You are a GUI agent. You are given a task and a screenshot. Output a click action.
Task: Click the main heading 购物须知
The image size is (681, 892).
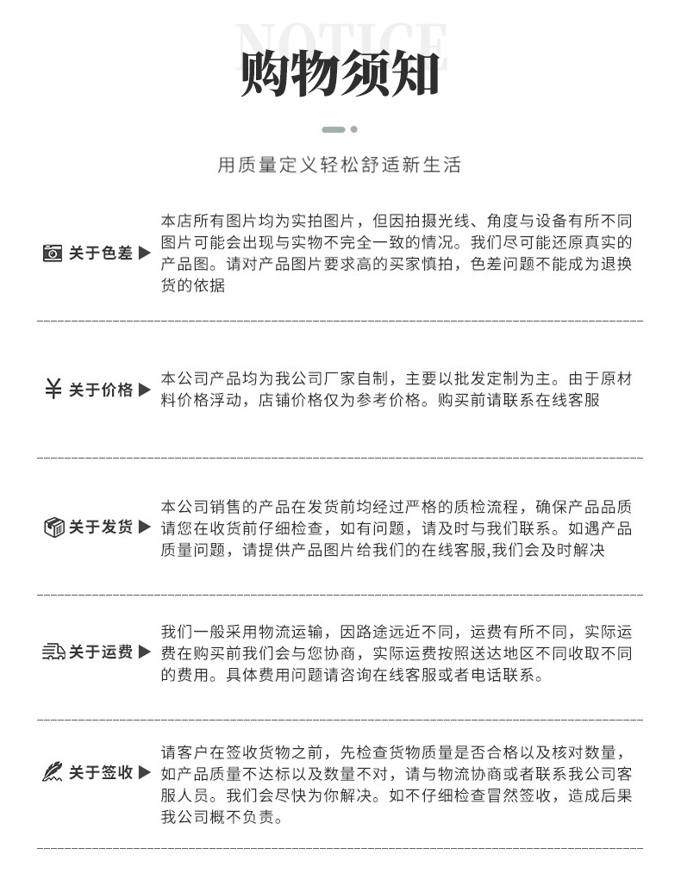point(340,74)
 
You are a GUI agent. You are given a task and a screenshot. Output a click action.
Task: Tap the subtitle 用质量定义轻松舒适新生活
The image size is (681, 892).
point(340,165)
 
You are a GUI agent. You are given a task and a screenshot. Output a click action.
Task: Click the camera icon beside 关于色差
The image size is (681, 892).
point(53,253)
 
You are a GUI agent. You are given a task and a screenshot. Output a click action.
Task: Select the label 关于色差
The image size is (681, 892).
point(101,253)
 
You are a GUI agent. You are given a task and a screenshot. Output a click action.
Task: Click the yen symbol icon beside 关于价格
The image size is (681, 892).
point(53,390)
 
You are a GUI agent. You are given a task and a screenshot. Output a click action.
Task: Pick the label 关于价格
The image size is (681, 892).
point(101,390)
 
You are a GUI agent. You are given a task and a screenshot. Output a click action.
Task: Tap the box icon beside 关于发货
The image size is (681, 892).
point(53,527)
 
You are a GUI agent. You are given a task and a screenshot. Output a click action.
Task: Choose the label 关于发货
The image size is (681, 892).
point(101,527)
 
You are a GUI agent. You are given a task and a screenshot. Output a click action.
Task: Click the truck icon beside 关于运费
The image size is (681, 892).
point(53,652)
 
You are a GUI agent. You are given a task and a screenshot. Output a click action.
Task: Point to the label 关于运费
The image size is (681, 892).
point(101,652)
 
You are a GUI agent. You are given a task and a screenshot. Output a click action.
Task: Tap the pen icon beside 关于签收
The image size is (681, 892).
point(53,773)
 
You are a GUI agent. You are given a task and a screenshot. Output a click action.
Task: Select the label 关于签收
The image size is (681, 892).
point(101,773)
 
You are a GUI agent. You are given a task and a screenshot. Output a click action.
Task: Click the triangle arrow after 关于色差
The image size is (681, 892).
point(144,253)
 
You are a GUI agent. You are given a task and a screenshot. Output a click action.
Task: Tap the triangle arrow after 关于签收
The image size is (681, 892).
point(144,773)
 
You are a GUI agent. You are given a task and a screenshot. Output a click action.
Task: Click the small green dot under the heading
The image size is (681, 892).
point(354,129)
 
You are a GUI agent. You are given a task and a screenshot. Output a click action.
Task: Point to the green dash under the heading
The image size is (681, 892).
point(334,129)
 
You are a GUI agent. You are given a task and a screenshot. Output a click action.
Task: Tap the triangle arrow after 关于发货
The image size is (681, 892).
point(144,527)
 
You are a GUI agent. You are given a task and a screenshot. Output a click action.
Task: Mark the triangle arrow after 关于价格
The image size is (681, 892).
point(144,390)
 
